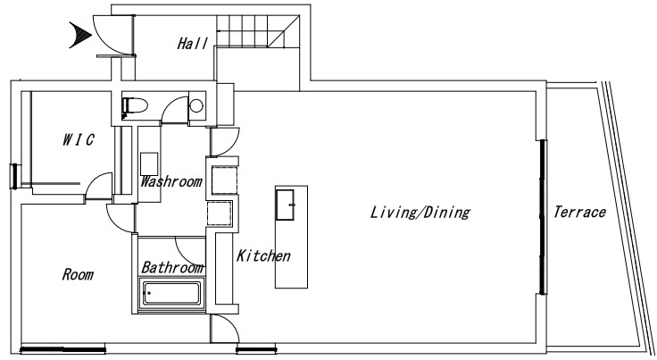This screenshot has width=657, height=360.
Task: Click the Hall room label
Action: pos(192,43)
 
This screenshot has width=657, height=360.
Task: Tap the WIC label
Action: pos(79,139)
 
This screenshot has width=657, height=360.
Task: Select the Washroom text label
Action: pos(171,181)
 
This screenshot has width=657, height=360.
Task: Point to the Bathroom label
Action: pos(172,267)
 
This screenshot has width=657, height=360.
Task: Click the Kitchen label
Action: pos(263,255)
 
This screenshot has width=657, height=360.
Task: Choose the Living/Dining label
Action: pos(420,212)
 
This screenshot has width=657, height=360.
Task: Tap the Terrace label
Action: pos(579,212)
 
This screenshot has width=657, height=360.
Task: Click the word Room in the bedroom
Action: pos(78,274)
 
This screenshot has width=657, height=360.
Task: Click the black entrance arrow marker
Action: pos(80,35)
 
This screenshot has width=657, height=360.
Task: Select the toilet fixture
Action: pos(134,105)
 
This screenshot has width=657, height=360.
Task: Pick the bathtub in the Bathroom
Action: pos(171,293)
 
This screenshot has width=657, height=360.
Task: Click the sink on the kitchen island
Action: pos(285,205)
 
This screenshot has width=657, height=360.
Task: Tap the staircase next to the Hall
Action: pos(258,31)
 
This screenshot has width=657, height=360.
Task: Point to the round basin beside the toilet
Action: pos(196,105)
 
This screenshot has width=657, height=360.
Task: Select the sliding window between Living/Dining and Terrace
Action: pos(543,217)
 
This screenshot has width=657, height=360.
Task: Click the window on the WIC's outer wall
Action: pos(15,176)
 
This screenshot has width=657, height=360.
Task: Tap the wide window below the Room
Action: pos(62,348)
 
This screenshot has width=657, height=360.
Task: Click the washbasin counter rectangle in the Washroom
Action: pos(149,164)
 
